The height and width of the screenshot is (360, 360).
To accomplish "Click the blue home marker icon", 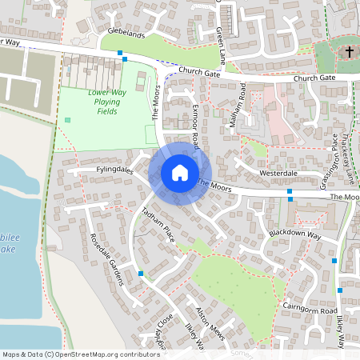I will coord(180,172).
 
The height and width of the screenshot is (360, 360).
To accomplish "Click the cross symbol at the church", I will coord(349,52).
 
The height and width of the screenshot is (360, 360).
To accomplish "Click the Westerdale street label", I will coord(278,173).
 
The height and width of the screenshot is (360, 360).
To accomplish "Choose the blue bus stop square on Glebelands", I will coord(121,53).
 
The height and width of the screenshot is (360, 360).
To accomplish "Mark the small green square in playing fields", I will coord(67,120).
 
